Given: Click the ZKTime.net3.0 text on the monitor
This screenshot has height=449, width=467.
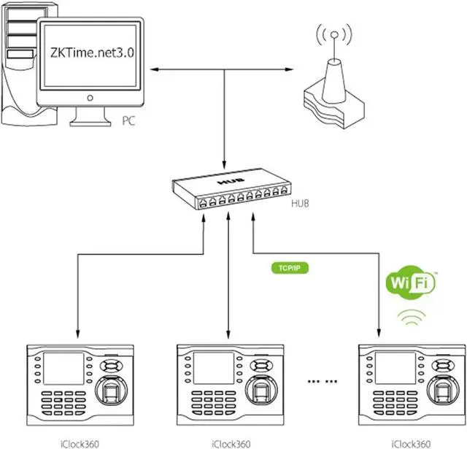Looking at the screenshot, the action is pyautogui.click(x=93, y=53).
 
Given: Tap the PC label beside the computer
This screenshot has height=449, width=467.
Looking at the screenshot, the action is pyautogui.click(x=128, y=120).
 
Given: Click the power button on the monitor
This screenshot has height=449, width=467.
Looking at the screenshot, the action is pyautogui.click(x=90, y=98).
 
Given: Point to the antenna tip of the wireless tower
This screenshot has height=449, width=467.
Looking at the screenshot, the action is pyautogui.click(x=334, y=35).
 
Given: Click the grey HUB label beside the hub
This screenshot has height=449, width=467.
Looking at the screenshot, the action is pyautogui.click(x=300, y=204).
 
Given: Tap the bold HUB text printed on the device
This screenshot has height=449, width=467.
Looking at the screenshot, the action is pyautogui.click(x=231, y=181).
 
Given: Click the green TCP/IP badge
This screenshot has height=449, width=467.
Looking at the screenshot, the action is pyautogui.click(x=290, y=269).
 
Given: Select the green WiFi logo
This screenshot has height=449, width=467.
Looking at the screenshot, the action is pyautogui.click(x=411, y=282).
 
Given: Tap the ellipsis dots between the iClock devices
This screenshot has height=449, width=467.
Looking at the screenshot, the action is pyautogui.click(x=323, y=381).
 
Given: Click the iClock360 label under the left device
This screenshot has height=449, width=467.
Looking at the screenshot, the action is pyautogui.click(x=80, y=444).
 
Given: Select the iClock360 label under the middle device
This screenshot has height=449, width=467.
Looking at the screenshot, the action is pyautogui.click(x=231, y=444).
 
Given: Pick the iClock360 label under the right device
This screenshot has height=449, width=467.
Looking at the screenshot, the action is pyautogui.click(x=411, y=444).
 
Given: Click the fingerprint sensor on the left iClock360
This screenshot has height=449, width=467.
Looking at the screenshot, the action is pyautogui.click(x=112, y=391).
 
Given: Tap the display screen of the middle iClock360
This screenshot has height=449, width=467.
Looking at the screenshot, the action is pyautogui.click(x=214, y=368).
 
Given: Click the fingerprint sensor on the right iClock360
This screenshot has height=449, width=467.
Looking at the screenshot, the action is pyautogui.click(x=443, y=391).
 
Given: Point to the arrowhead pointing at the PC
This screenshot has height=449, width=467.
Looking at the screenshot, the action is pyautogui.click(x=154, y=69).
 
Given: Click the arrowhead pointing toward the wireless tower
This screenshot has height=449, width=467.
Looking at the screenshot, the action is pyautogui.click(x=289, y=69).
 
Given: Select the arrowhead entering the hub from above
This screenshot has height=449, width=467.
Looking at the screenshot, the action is pyautogui.click(x=224, y=165).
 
